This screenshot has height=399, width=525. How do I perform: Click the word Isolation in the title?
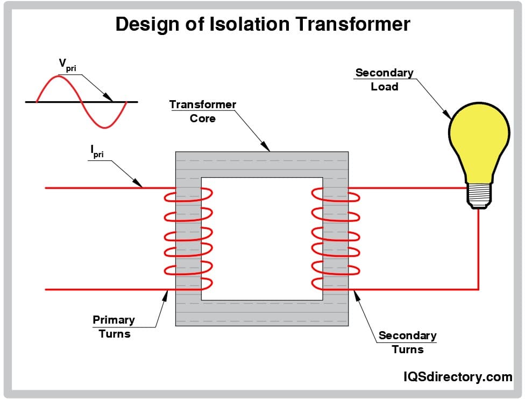click(249, 24)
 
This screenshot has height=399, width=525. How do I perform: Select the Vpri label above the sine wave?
click(67, 65)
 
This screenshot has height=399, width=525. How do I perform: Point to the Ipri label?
click(97, 151)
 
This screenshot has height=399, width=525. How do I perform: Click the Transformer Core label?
click(203, 111)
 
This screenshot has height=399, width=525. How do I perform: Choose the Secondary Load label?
click(385, 80)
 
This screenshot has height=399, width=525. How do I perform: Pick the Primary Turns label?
click(114, 326)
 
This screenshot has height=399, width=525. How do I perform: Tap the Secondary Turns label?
click(408, 342)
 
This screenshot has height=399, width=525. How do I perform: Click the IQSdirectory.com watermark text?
click(458, 377)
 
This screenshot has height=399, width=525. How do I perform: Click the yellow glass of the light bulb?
click(479, 141)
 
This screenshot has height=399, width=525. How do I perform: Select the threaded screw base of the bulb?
click(479, 195)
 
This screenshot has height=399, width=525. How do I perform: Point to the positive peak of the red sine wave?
click(58, 76)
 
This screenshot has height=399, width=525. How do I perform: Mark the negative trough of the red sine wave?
click(105, 127)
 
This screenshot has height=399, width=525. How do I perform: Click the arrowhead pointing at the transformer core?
click(265, 146)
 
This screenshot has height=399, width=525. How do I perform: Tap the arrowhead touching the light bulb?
click(446, 114)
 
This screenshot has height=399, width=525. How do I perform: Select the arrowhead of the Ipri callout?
click(137, 183)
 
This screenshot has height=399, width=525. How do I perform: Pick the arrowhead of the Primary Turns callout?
click(165, 296)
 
